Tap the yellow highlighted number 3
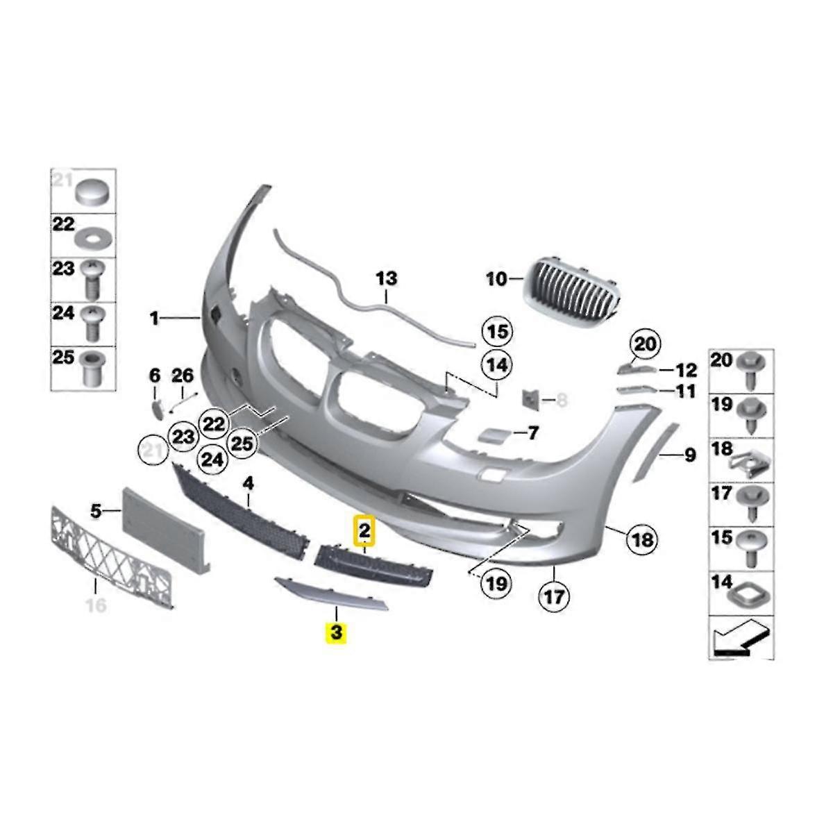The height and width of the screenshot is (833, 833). [x=337, y=632]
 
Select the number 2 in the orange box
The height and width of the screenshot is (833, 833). [x=364, y=532]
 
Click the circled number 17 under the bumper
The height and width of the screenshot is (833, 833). [x=557, y=595]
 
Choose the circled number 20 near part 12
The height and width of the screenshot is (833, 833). [x=645, y=344]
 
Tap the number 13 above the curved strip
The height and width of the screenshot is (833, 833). [x=387, y=278]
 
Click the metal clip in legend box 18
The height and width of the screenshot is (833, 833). [x=752, y=460]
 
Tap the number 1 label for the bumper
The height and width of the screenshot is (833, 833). [x=154, y=319]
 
